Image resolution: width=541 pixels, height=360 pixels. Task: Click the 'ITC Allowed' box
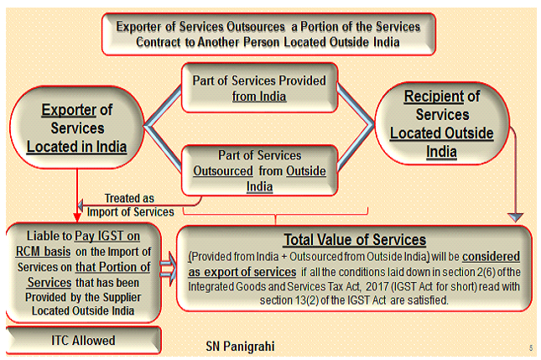[84, 341]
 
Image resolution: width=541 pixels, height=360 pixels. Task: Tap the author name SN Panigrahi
[240, 347]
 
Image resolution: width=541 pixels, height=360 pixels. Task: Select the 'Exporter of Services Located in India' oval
[77, 128]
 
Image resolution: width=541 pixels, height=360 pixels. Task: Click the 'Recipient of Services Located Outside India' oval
[442, 123]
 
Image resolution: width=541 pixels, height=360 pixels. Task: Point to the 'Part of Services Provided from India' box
[259, 87]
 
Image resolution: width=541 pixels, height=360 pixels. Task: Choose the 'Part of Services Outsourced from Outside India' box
[259, 170]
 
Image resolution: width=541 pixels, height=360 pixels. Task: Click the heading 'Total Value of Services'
[355, 239]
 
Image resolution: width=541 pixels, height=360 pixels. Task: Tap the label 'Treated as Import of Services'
[130, 205]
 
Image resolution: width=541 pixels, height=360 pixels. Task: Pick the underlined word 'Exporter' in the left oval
[69, 110]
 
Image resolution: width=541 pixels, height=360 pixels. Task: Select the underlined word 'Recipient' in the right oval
[434, 96]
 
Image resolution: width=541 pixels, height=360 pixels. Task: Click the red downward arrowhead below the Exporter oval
[77, 217]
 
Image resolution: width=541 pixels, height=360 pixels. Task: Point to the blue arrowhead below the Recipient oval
[516, 217]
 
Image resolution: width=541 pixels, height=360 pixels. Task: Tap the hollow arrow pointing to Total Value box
[169, 269]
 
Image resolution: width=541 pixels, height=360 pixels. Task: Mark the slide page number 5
[531, 348]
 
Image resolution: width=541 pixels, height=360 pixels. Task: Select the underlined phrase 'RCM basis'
[43, 251]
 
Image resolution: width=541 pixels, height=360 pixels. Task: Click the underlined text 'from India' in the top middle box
[259, 97]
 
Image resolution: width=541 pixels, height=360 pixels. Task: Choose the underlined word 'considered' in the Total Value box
[491, 257]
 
